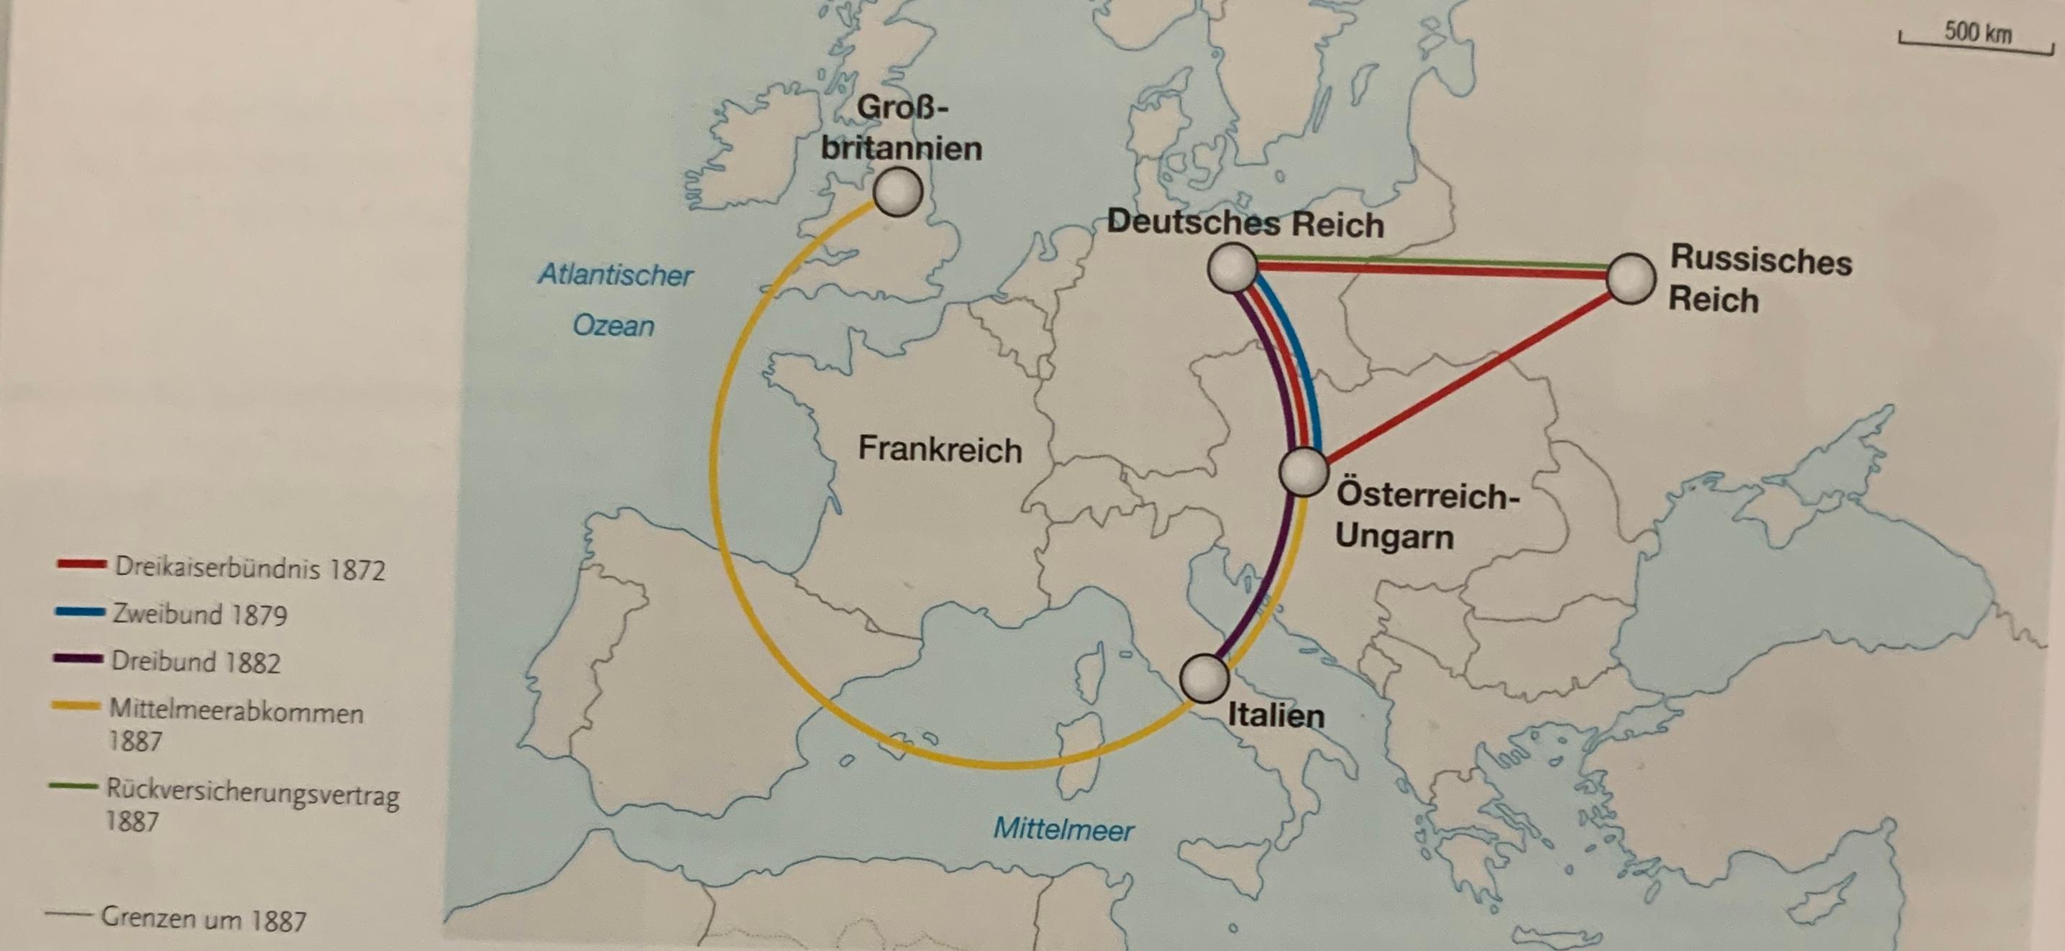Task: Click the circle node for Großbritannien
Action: coord(898,192)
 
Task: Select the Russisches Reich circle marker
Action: coord(1631,279)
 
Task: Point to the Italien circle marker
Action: coord(1204,679)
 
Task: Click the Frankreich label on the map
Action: coord(940,449)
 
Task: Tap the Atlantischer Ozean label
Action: coord(615,300)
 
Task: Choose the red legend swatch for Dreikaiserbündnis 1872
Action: coord(81,565)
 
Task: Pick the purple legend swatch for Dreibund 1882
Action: coord(78,659)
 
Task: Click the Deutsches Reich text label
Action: coord(1245,224)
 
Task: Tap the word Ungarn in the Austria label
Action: coord(1394,536)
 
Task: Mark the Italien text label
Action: coord(1276,715)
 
